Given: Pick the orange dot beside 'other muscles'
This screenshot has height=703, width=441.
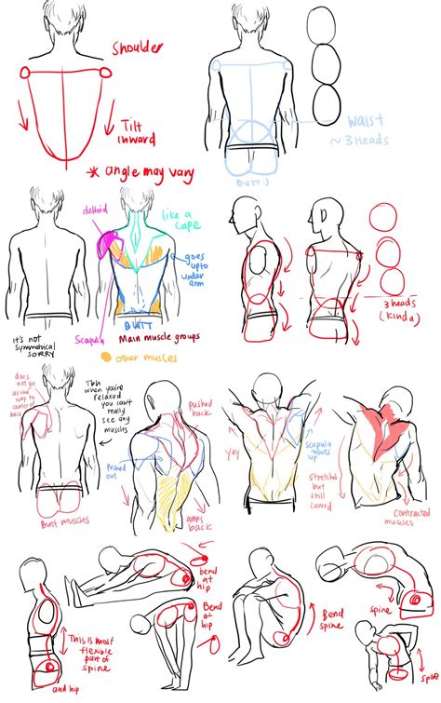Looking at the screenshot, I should pyautogui.click(x=106, y=356).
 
